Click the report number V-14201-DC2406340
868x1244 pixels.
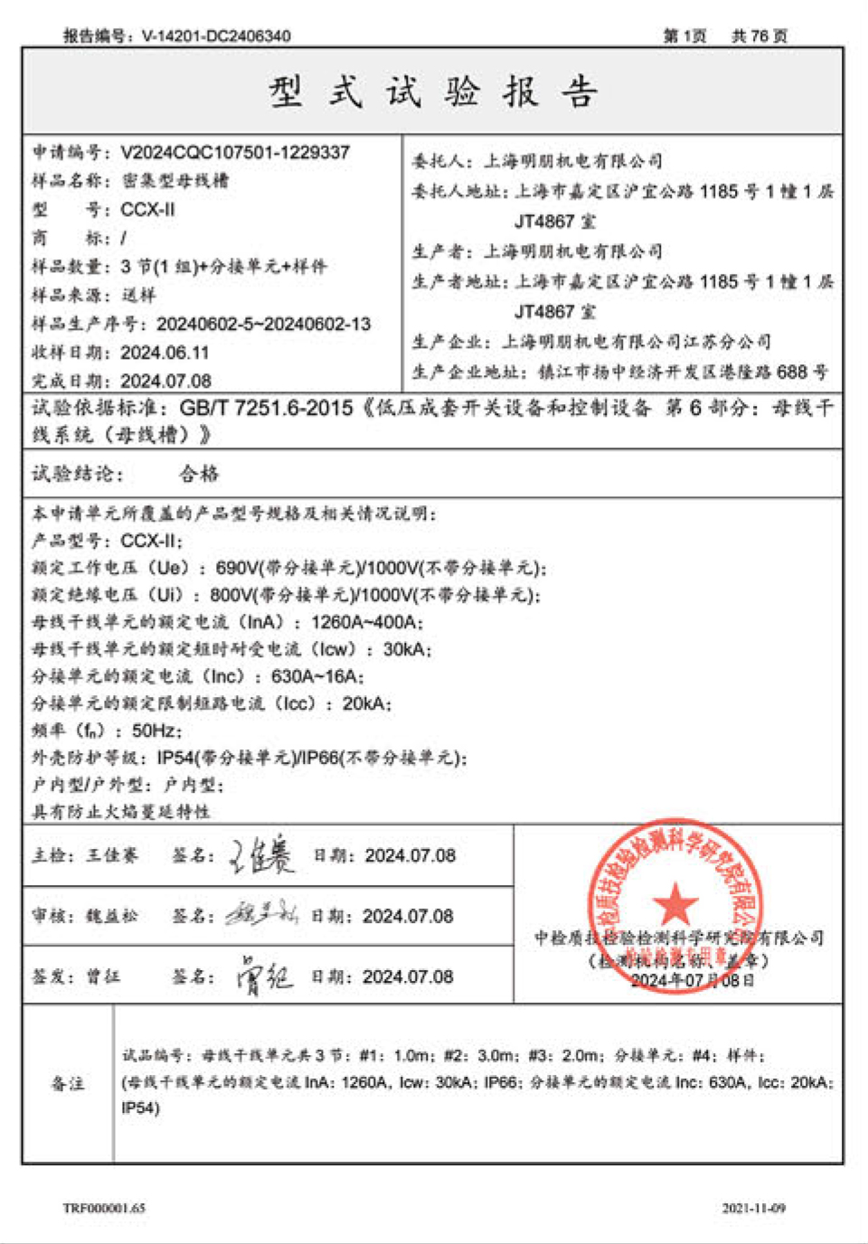tap(216, 36)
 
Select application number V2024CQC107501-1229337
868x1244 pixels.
tap(235, 153)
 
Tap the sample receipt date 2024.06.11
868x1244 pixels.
tap(165, 352)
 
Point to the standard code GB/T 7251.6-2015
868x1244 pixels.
tap(266, 408)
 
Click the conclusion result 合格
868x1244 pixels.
tap(198, 474)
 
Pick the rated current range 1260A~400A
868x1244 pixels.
tap(365, 622)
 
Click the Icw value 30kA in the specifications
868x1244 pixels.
tap(406, 649)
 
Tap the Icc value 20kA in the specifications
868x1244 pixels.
tap(365, 703)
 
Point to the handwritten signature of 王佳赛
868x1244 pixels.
tap(261, 855)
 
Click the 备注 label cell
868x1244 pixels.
tap(68, 1083)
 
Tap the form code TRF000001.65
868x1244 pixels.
tap(104, 1208)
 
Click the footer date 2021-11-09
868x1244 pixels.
tap(753, 1208)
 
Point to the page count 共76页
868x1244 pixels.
tap(759, 36)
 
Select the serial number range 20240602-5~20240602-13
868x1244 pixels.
tap(263, 324)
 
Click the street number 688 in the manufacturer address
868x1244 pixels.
tap(791, 372)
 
